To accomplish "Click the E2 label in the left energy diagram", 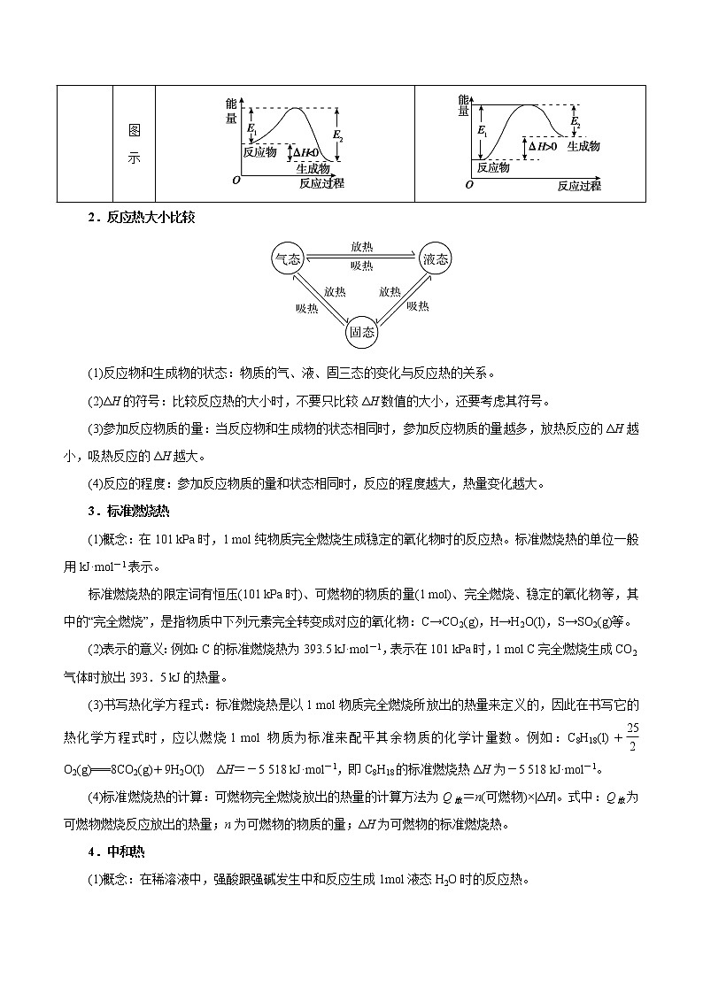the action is (337, 135).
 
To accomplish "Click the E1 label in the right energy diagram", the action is (482, 130).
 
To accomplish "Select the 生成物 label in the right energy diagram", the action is (583, 145).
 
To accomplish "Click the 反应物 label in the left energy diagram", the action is (259, 151).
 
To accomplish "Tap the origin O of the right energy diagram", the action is (469, 185).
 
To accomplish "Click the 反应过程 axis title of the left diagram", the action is (321, 183).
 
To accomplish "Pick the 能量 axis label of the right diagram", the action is (463, 105).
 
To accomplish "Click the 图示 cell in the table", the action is (134, 144).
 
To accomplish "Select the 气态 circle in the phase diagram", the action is (287, 258).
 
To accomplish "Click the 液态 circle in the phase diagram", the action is (435, 258).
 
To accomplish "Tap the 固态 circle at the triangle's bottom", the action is (361, 332).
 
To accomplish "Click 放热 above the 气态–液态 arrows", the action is (361, 248).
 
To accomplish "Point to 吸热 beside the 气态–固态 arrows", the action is (306, 307).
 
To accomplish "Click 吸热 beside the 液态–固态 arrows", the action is (418, 306).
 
